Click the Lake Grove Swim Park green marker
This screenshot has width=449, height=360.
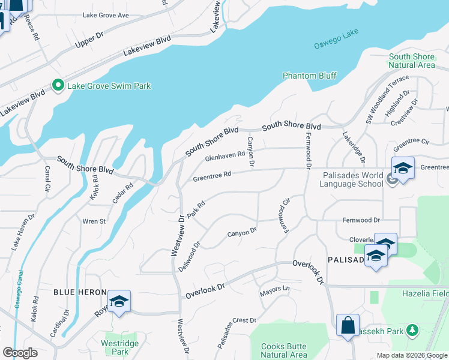pyautogui.click(x=58, y=86)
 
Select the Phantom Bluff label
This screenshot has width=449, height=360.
pyautogui.click(x=310, y=76)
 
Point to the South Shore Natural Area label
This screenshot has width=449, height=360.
pyautogui.click(x=411, y=61)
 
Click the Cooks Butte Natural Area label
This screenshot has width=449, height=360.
pyautogui.click(x=285, y=350)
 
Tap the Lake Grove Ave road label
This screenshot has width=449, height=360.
pyautogui.click(x=106, y=14)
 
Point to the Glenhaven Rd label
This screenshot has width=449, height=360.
pyautogui.click(x=225, y=157)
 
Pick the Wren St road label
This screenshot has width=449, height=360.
pyautogui.click(x=94, y=221)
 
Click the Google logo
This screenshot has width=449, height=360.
pyautogui.click(x=20, y=353)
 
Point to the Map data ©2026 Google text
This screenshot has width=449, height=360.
pyautogui.click(x=411, y=355)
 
